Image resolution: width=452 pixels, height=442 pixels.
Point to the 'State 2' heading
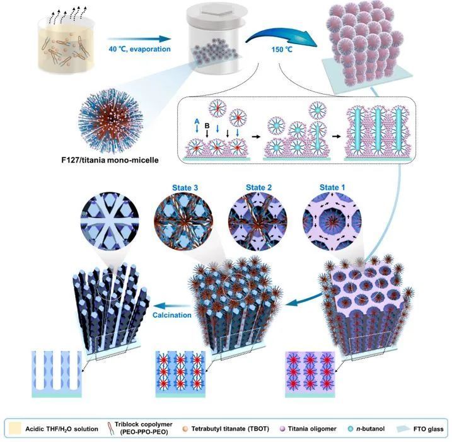tap(254, 187)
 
